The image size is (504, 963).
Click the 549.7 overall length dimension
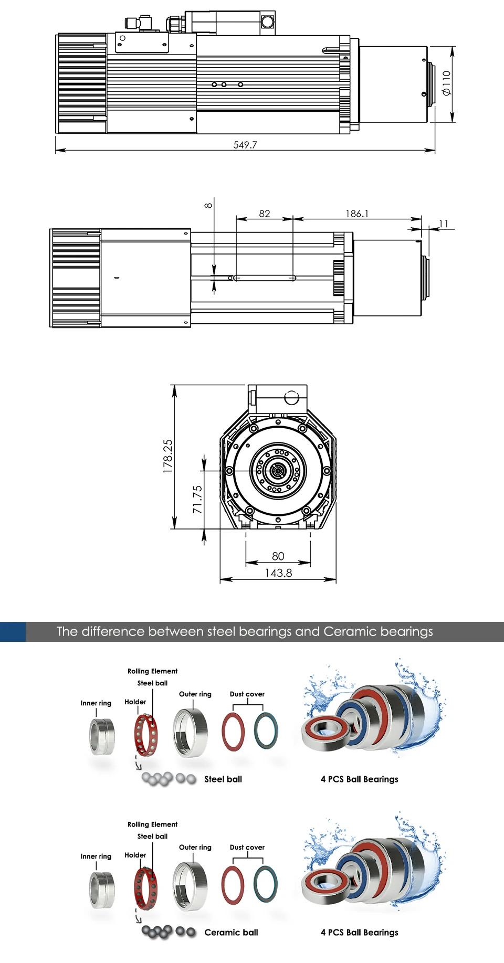click(245, 145)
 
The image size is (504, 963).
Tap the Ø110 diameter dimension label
click(446, 83)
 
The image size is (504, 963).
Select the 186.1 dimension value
click(357, 214)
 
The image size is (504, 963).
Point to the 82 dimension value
click(265, 214)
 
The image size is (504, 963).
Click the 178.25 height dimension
click(168, 457)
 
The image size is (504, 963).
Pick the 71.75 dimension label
click(197, 500)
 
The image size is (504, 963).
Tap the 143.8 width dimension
click(278, 573)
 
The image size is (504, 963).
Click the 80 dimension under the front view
click(278, 556)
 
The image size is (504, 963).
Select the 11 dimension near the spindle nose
click(444, 224)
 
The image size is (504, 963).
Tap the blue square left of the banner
click(13, 632)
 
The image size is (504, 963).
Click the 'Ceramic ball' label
click(231, 933)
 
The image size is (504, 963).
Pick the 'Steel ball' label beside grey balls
click(223, 779)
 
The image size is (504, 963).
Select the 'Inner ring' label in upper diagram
click(96, 703)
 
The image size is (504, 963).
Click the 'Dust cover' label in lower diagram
click(247, 847)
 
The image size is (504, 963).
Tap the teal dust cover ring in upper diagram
click(266, 731)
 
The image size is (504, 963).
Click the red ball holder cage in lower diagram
click(145, 887)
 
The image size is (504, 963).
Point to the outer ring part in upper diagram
click(190, 733)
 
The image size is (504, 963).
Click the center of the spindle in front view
click(278, 471)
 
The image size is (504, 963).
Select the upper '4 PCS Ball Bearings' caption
click(360, 779)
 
